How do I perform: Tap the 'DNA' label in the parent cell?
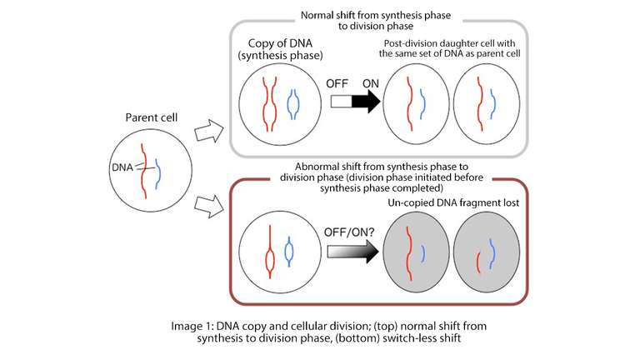click(x=122, y=167)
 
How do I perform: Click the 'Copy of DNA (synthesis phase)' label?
click(x=276, y=49)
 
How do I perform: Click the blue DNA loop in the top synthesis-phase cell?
click(x=292, y=105)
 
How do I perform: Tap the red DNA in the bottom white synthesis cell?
click(x=270, y=251)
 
